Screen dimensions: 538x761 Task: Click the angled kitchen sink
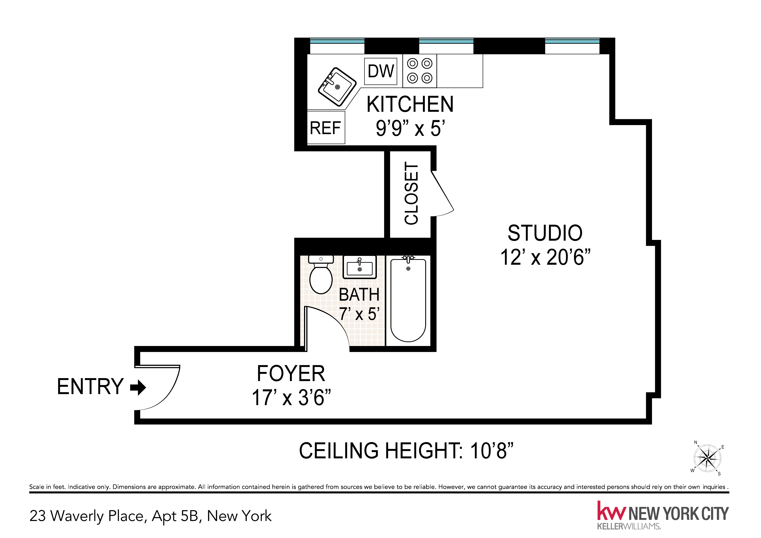pos(337,87)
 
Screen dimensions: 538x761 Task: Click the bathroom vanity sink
pos(360,267)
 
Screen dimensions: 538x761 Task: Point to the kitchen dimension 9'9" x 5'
pos(410,129)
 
